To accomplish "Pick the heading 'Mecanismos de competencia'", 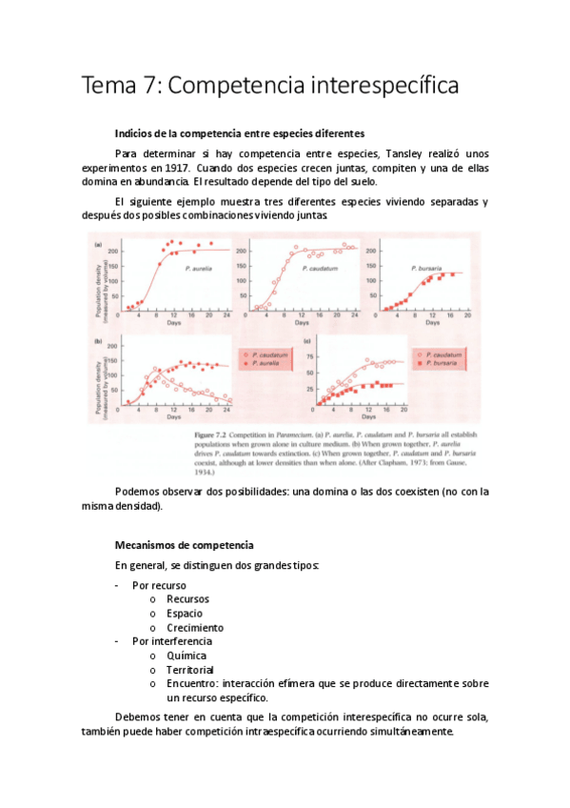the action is [x=184, y=545].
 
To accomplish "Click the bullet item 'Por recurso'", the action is [x=159, y=585].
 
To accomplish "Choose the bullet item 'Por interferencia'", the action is [x=172, y=641].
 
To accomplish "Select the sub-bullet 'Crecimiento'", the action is [x=195, y=627].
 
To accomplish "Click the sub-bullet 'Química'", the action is [x=186, y=656].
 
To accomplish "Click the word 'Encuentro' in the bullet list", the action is [x=192, y=684].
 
